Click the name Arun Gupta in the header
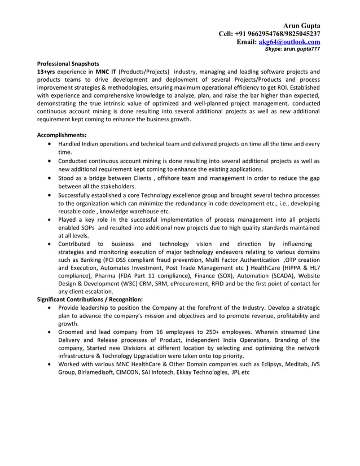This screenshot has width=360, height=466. tap(302, 26)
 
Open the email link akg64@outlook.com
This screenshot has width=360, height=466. tap(289, 42)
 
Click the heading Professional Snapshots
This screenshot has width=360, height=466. tap(68, 64)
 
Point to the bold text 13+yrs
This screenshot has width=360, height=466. tap(47, 72)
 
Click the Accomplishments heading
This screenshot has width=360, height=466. tap(62, 135)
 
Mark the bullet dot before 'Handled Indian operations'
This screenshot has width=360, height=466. tap(51, 144)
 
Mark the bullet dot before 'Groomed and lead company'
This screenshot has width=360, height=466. tap(51, 332)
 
